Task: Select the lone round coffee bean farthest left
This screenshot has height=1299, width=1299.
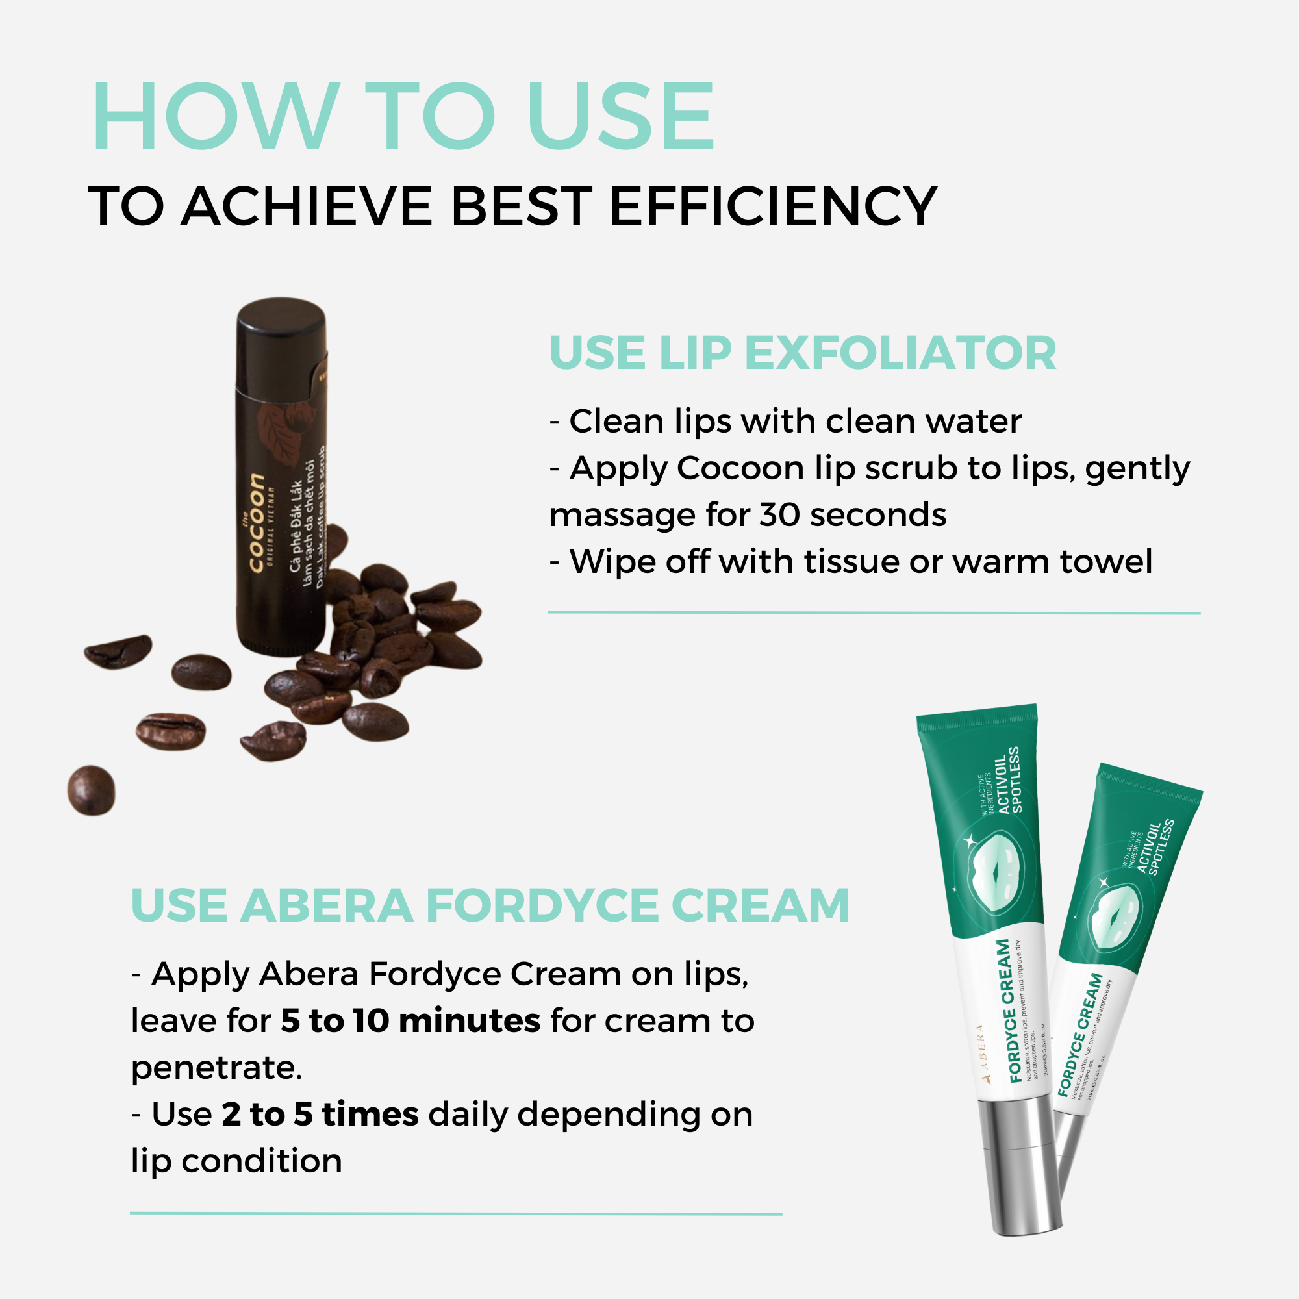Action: click(92, 790)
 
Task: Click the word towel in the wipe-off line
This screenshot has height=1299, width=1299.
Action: click(1105, 561)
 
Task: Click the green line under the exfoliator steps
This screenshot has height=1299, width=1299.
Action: click(874, 612)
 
